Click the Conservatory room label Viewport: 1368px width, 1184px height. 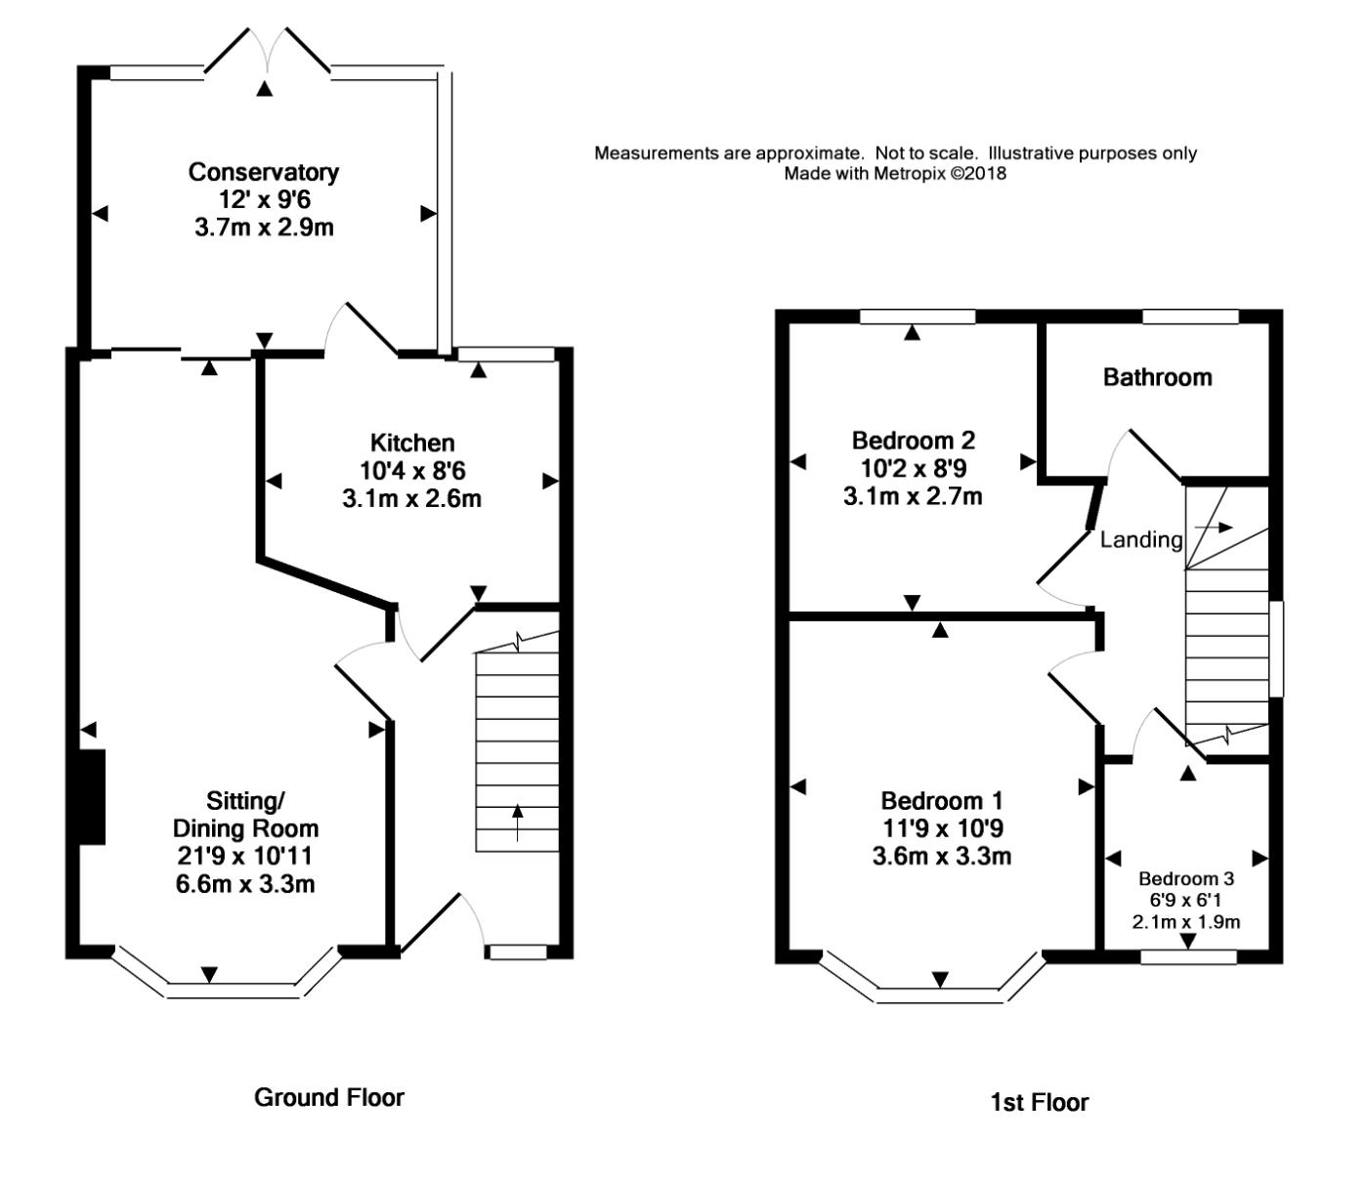coord(264,172)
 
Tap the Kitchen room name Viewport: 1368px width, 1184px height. coord(412,443)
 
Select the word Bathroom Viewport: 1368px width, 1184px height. coord(1158,377)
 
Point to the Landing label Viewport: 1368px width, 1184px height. coord(1141,540)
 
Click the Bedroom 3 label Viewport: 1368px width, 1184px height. coord(1186,879)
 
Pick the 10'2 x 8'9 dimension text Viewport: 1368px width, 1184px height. coord(913,469)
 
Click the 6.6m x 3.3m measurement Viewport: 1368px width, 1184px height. coord(245,884)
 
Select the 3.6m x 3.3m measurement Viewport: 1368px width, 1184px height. coord(941,857)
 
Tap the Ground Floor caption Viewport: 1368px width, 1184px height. coord(329,1097)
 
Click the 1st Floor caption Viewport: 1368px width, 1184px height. coord(1039,1102)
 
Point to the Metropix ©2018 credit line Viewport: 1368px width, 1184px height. coord(895,173)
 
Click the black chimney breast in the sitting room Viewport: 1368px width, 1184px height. coord(92,797)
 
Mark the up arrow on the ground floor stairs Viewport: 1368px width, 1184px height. coord(517,823)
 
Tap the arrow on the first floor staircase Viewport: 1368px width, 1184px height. coord(1214,528)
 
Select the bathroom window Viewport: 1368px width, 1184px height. coord(1190,317)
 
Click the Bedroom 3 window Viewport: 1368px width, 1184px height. coord(1188,957)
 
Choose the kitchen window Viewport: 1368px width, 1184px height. coord(506,354)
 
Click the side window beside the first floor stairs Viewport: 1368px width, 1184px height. coord(1276,649)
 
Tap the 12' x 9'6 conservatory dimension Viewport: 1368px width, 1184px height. coord(264,199)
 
